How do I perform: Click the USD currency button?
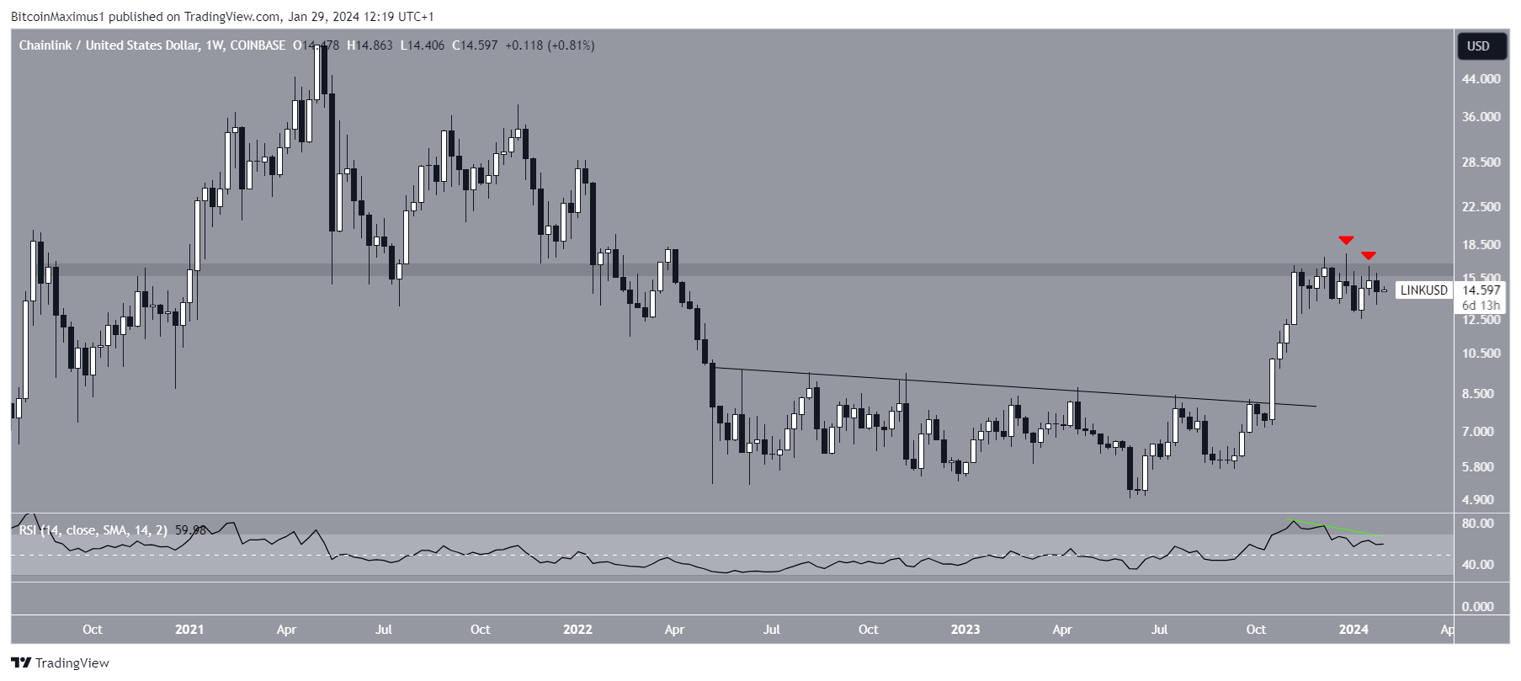pos(1478,46)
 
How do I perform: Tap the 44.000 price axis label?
pos(1481,78)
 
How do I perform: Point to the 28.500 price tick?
pos(1481,162)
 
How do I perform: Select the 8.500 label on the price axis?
pos(1481,393)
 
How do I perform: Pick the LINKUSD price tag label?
pos(1423,290)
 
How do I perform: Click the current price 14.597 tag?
pos(1481,290)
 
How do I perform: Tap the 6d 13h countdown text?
pos(1481,306)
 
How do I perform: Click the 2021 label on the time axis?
pos(189,629)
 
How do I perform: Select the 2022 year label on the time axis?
pos(577,629)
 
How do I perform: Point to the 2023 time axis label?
pos(965,629)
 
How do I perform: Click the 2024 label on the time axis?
pos(1353,629)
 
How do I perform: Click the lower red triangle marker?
pos(1369,255)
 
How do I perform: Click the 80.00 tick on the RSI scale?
pos(1478,523)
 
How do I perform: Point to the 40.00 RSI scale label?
pos(1478,564)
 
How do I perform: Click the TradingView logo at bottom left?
pos(61,662)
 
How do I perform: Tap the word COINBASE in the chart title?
pos(258,45)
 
